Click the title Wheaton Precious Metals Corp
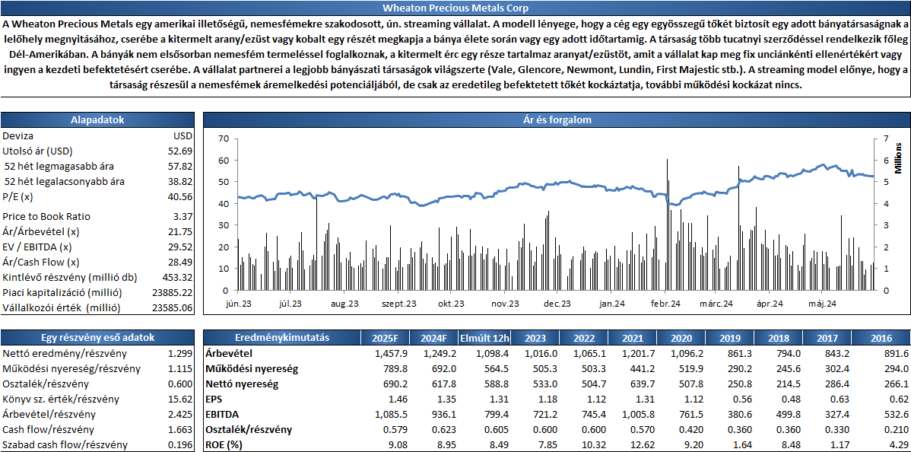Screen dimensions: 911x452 pos(455,8)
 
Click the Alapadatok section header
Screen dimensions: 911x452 pos(97,120)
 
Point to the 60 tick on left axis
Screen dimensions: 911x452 pos(224,160)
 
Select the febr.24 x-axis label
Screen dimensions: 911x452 pos(665,303)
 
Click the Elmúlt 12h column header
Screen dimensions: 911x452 pos(484,338)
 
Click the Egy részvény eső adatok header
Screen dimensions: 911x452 pos(97,338)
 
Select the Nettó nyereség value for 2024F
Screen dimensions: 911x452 pos(436,384)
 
